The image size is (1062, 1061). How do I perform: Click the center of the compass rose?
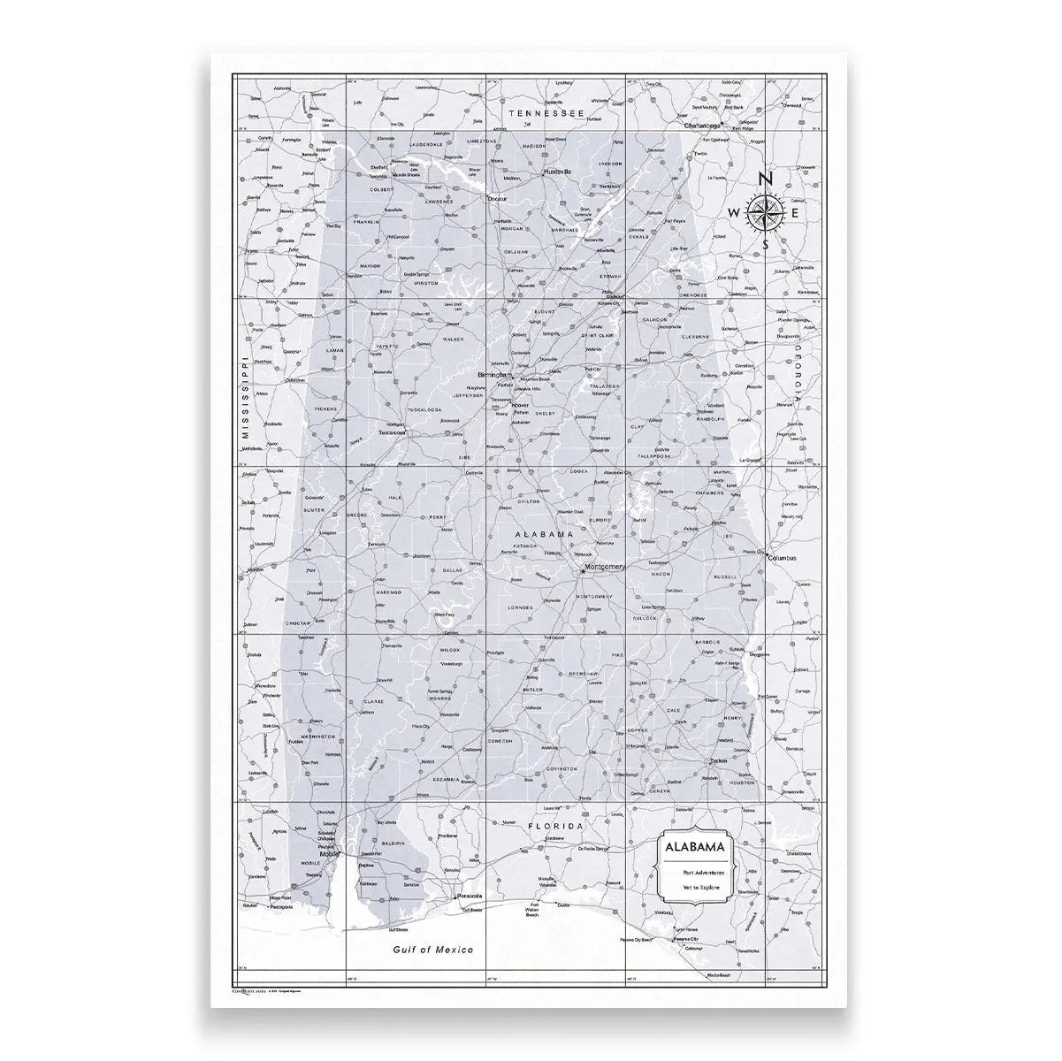coord(766,213)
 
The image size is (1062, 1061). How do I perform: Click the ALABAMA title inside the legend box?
coord(696,847)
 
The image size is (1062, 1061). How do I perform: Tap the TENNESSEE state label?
coord(546,114)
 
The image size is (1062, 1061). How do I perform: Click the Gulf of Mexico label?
coord(433,950)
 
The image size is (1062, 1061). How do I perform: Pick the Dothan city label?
coord(716,761)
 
